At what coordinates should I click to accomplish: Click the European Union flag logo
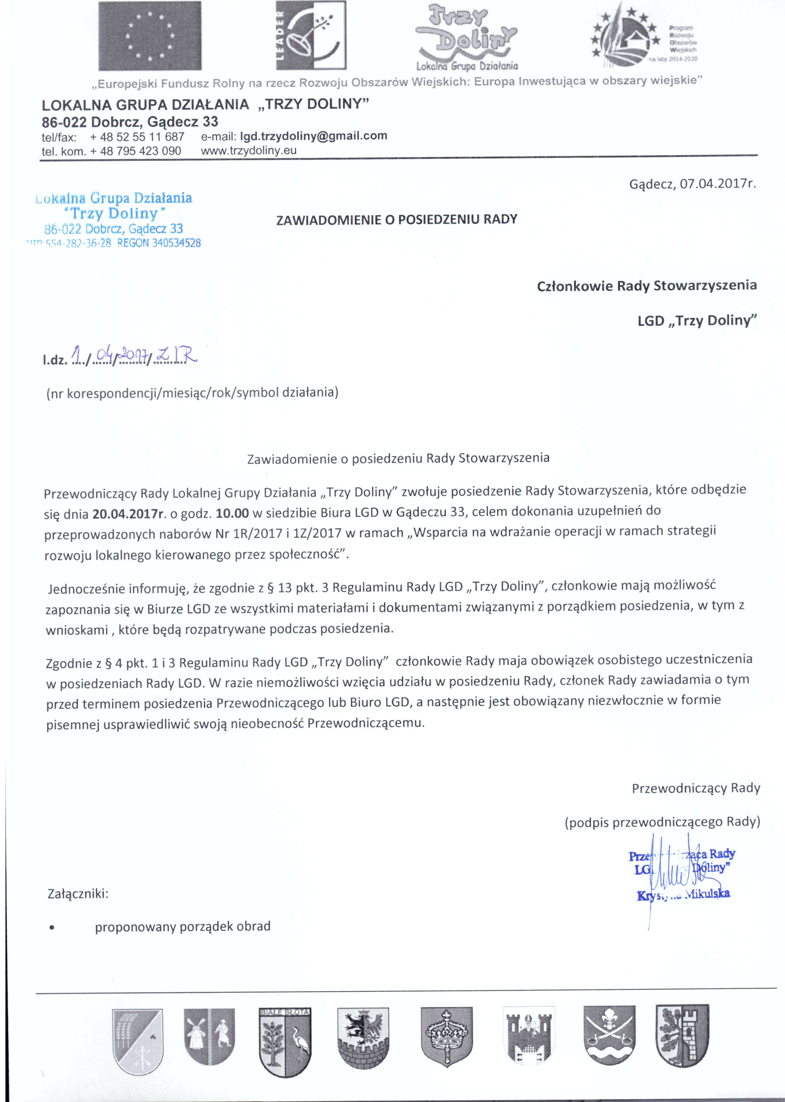tap(150, 36)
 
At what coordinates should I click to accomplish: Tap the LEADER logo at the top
tap(311, 35)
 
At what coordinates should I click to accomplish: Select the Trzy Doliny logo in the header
tap(466, 37)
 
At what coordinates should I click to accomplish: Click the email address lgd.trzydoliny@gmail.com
tap(314, 136)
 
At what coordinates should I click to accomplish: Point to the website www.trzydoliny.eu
tap(248, 151)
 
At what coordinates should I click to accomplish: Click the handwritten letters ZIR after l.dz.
tap(177, 357)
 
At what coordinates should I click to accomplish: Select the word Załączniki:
tap(78, 893)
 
